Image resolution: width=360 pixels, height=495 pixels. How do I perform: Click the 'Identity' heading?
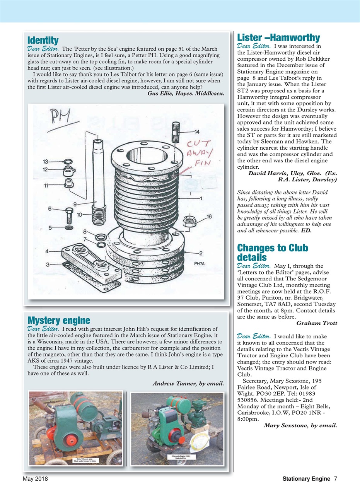pos(43,40)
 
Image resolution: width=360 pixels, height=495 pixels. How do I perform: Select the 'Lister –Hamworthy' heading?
pos(278,38)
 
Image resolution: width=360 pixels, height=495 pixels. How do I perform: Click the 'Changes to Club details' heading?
pos(272,253)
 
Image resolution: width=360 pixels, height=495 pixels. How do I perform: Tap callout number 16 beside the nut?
pos(209,217)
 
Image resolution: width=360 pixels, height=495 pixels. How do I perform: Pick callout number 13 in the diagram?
pos(45,161)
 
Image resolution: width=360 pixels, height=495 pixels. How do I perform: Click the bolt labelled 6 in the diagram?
pos(69,214)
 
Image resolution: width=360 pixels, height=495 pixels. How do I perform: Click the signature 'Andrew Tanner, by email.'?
pos(188,384)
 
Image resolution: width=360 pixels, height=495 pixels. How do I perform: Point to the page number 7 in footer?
pos(335,479)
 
